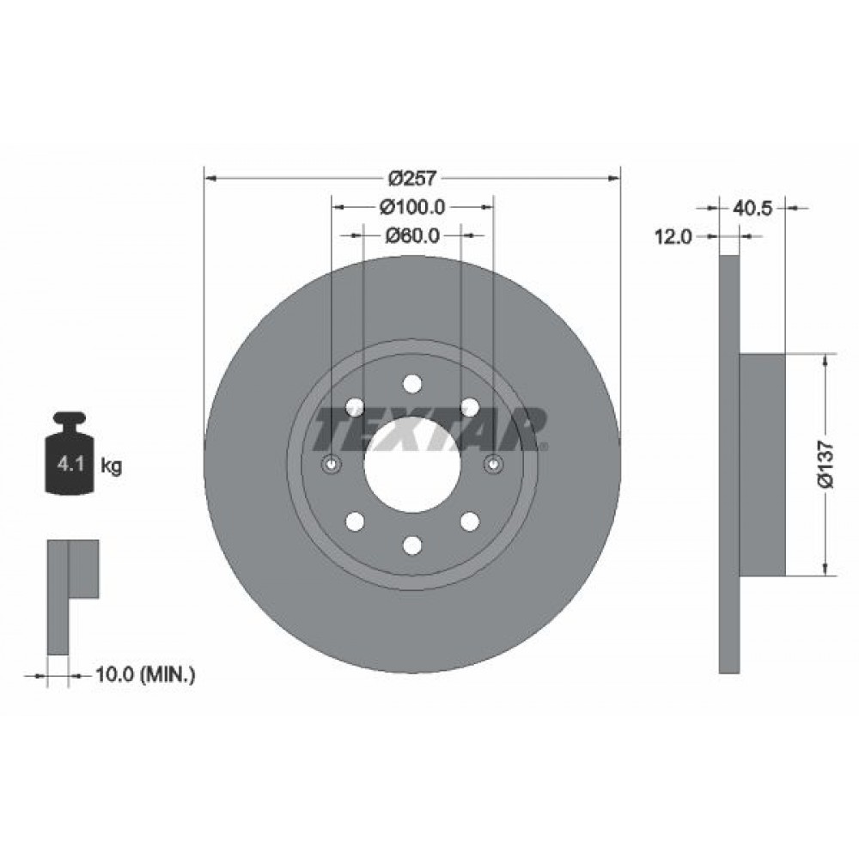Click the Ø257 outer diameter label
[x=412, y=178]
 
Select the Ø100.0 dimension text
[x=412, y=207]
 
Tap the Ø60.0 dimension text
[x=412, y=235]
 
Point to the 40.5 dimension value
[x=752, y=208]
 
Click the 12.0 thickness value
[x=673, y=237]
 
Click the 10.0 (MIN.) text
[x=145, y=673]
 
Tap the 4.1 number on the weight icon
[x=70, y=465]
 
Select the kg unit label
[x=111, y=466]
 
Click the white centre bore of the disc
[x=412, y=465]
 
